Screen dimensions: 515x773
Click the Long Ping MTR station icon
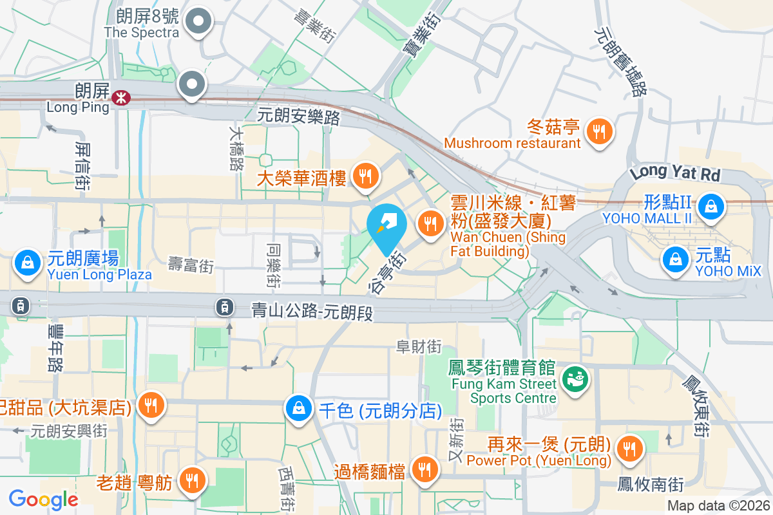coord(120,97)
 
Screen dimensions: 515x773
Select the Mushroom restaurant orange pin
coord(600,132)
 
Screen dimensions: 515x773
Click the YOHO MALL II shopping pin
coord(710,207)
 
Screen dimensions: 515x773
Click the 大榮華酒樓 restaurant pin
coord(365,175)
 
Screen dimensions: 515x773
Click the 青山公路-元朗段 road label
coord(312,313)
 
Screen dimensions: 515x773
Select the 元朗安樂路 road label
coord(298,117)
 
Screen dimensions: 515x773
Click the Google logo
coord(43,499)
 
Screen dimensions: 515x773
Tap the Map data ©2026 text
coord(718,506)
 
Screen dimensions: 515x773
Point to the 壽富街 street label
coord(191,264)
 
